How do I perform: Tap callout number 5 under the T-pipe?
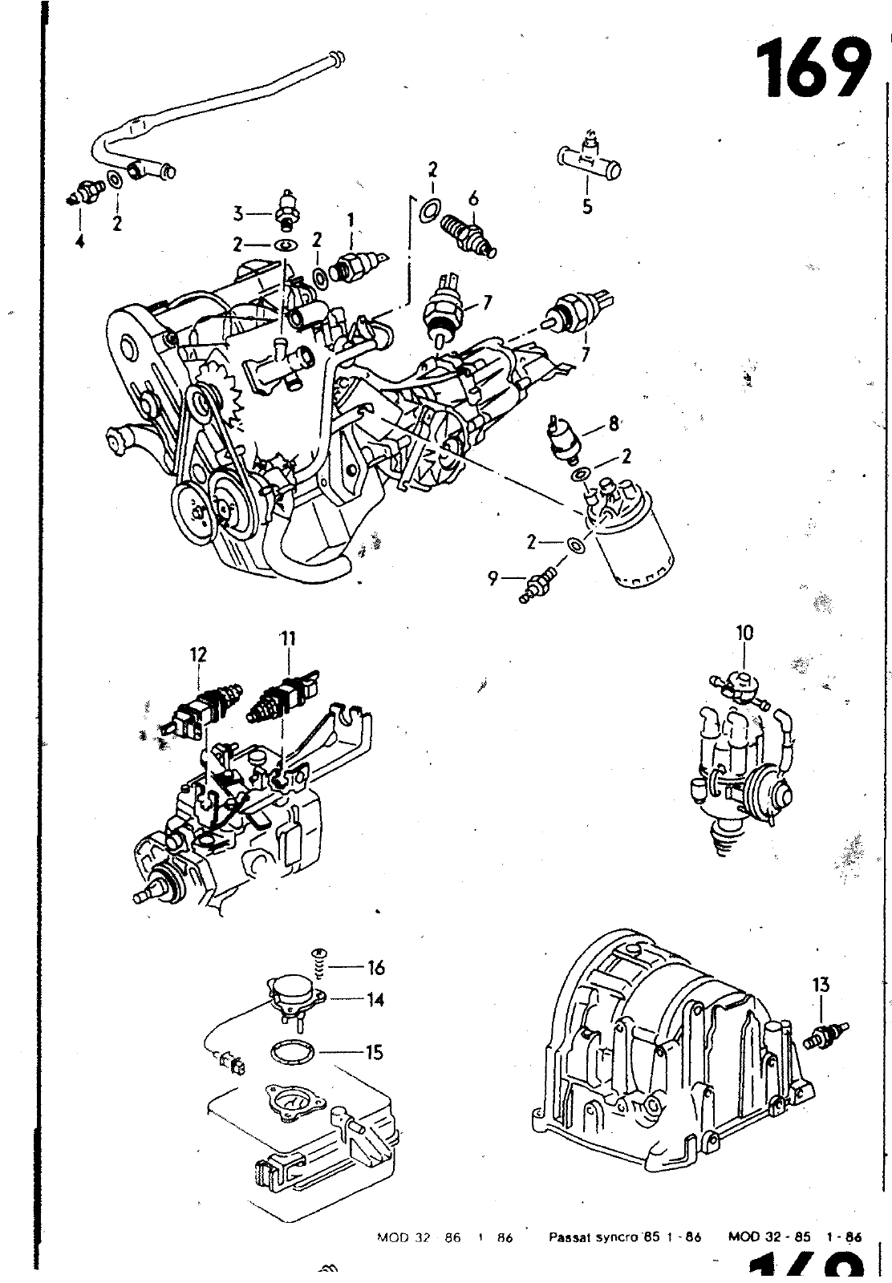point(588,207)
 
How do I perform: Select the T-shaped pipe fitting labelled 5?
point(589,160)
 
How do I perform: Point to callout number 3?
point(238,213)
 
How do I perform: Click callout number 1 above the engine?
point(351,218)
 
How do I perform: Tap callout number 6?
point(473,196)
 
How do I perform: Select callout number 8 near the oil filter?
point(614,423)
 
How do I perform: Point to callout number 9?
point(493,577)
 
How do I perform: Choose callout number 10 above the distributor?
point(744,633)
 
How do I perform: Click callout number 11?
point(288,638)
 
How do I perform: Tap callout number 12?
point(198,654)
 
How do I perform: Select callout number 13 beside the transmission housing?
point(821,985)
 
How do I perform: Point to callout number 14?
point(375,1000)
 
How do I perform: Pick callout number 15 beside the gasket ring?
point(374,1052)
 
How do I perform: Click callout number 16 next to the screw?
point(375,967)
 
